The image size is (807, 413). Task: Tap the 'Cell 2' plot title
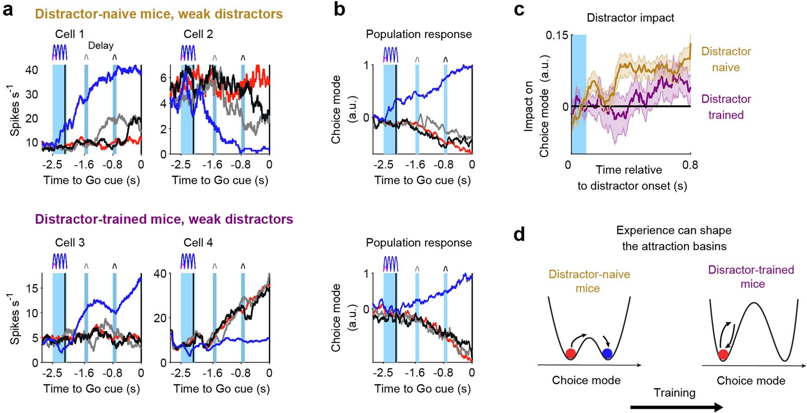tap(198, 34)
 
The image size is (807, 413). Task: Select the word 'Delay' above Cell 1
tap(100, 46)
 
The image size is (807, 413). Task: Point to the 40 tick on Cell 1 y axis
tap(32, 70)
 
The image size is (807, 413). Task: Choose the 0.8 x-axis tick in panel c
tap(690, 165)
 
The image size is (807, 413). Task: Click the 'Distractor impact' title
tap(630, 18)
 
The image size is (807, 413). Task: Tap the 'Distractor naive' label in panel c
tap(726, 59)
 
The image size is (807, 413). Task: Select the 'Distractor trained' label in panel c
tap(726, 107)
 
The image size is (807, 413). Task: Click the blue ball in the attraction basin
tap(607, 354)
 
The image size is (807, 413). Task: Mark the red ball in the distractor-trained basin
tap(723, 355)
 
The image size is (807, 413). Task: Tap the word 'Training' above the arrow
tap(675, 393)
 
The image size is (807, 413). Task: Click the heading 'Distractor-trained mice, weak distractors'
tap(164, 219)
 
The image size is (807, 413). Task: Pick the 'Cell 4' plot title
tap(198, 243)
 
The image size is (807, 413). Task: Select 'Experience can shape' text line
tap(674, 231)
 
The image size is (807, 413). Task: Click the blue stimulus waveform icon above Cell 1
tap(60, 52)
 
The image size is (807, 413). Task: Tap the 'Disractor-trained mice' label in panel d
tap(751, 277)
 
